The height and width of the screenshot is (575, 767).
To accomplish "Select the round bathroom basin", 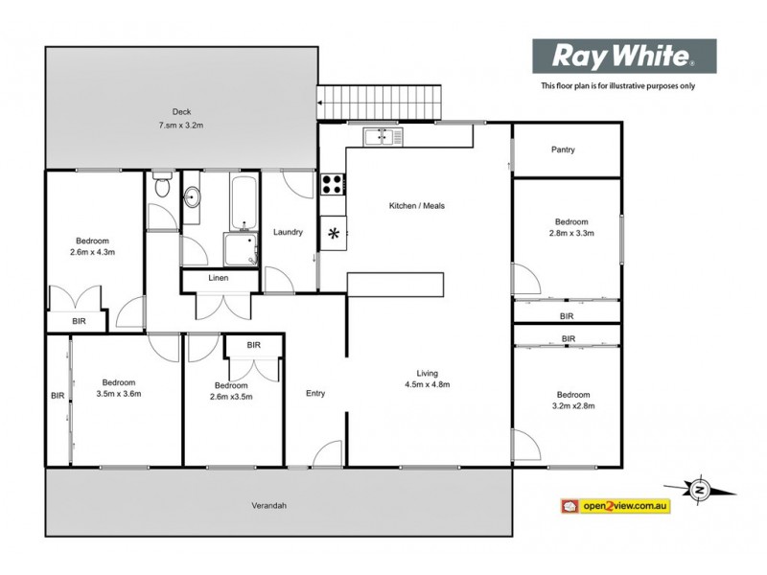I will (192, 199).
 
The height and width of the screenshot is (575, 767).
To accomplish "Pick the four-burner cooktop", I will (333, 184).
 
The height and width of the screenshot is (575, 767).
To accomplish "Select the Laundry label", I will (288, 232).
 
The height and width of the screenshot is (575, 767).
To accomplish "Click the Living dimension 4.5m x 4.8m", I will (428, 384).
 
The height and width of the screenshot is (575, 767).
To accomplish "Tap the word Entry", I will (315, 393).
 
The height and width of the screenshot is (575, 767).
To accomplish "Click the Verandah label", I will (270, 506).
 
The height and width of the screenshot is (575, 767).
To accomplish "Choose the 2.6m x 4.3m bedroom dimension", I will (94, 252).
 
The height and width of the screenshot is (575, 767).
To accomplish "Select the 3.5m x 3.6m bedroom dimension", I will (119, 393).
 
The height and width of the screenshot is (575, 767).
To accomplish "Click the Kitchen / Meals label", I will (416, 206).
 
